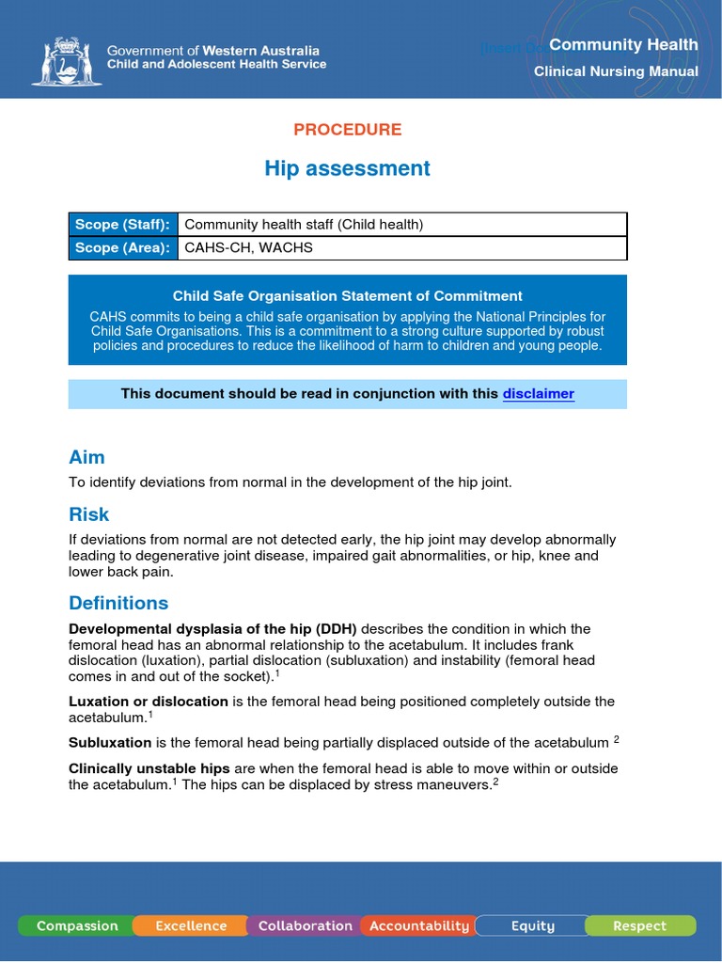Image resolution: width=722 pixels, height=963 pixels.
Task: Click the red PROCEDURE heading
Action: click(x=347, y=130)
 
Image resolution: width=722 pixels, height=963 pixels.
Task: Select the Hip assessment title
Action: click(x=347, y=168)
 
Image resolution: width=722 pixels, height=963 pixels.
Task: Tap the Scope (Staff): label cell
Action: click(x=122, y=224)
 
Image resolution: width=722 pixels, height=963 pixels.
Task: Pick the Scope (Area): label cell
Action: click(x=122, y=247)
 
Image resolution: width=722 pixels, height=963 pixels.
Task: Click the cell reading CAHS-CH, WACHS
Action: click(x=248, y=247)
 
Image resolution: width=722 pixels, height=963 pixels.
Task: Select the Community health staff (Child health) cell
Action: click(x=304, y=224)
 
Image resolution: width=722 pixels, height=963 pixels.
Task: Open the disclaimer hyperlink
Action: click(x=538, y=393)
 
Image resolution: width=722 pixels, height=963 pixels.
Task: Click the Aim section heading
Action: click(x=86, y=457)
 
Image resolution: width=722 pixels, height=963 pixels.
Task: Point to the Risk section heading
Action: click(x=88, y=514)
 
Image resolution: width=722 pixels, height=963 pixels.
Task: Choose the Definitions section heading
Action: click(x=118, y=603)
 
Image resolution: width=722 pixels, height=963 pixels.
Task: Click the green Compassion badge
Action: click(x=77, y=925)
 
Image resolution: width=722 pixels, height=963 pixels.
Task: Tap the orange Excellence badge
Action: click(x=191, y=925)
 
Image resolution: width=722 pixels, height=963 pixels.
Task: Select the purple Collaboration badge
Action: click(x=305, y=925)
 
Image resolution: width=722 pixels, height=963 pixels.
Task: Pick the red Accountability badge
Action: click(x=418, y=925)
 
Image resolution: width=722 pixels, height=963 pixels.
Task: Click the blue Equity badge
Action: click(x=532, y=925)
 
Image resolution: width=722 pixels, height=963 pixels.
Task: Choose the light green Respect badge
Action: click(x=639, y=925)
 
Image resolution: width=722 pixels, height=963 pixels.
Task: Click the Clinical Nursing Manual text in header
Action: click(x=616, y=71)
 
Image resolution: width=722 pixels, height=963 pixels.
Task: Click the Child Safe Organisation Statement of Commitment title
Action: click(x=347, y=295)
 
